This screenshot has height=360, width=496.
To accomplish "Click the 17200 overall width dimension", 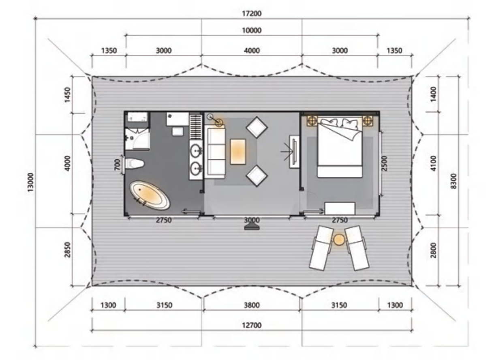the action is coord(252,13).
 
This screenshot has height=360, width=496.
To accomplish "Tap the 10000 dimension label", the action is coord(252,30).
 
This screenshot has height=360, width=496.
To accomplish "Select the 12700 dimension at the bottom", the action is coord(252,325).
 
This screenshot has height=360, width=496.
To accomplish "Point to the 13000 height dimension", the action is coord(30,182).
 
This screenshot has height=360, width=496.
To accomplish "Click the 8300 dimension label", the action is coord(453,181).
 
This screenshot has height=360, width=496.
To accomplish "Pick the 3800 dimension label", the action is coord(252,305).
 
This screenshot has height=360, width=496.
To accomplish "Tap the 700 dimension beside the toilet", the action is coord(118,165).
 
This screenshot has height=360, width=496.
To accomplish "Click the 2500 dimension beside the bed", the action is coord(385,163).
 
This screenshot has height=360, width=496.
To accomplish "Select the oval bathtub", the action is coord(150,195).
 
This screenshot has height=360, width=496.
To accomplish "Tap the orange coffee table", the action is coord(238,152).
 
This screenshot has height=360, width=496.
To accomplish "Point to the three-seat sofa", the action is coord(214,152).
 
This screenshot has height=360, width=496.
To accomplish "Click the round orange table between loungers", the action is coord(339,240).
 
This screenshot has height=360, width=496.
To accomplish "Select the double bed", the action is coord(340,148).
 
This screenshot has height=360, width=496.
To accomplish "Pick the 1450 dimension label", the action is coord(67,95).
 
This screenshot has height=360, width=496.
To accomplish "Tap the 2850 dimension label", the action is coord(67,250).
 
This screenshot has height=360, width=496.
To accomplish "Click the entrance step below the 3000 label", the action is coord(252,227).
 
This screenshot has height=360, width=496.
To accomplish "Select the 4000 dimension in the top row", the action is coord(252,51).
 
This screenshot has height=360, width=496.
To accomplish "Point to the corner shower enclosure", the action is coord(137,139).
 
